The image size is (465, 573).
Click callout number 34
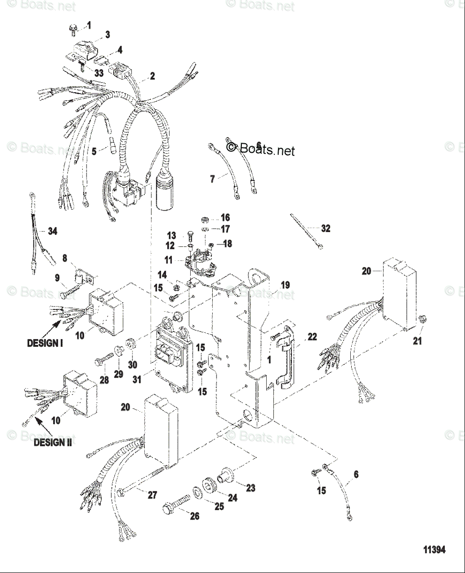(x=52, y=232)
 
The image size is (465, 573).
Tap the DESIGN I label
(x=45, y=343)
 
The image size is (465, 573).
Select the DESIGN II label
(x=53, y=442)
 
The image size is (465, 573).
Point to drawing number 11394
(x=433, y=550)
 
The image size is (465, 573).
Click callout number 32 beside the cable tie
(x=325, y=229)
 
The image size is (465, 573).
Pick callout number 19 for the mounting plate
(x=285, y=285)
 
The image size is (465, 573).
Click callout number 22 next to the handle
(x=312, y=337)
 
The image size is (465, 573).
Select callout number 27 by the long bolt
(x=152, y=495)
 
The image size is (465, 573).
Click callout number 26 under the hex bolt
(x=195, y=516)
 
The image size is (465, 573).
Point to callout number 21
(x=417, y=341)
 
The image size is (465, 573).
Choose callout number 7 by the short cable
(x=213, y=179)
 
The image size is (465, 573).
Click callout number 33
(x=98, y=73)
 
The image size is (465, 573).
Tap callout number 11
(x=168, y=261)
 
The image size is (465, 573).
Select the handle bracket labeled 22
(x=286, y=353)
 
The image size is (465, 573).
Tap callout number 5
(x=94, y=151)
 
